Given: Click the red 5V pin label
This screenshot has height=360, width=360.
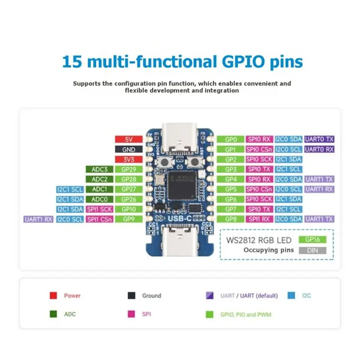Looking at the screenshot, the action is pyautogui.click(x=129, y=139).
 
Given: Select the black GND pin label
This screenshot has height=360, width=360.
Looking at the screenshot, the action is pyautogui.click(x=129, y=149).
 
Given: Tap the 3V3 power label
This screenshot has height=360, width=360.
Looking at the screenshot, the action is pyautogui.click(x=129, y=159).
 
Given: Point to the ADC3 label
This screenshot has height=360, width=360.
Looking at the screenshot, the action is pyautogui.click(x=99, y=170).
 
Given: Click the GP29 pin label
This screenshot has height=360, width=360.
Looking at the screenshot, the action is pyautogui.click(x=129, y=170).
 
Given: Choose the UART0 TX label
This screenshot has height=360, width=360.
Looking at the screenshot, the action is pyautogui.click(x=319, y=139).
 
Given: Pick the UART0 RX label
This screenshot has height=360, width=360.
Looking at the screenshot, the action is pyautogui.click(x=319, y=149).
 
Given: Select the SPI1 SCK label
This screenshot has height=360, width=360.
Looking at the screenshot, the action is pyautogui.click(x=99, y=209).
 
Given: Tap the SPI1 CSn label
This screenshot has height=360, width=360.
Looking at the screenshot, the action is pyautogui.click(x=99, y=219).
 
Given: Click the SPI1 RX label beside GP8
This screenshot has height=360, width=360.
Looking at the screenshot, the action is pyautogui.click(x=259, y=219).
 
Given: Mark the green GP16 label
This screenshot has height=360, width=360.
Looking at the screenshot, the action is pyautogui.click(x=312, y=239).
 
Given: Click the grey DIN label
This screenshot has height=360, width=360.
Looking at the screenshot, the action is pyautogui.click(x=312, y=250).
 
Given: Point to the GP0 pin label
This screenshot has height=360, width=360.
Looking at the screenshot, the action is pyautogui.click(x=230, y=139).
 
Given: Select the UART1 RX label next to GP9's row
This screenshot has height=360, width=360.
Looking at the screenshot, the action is pyautogui.click(x=38, y=219).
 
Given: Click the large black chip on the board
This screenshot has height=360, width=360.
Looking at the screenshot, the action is pyautogui.click(x=182, y=185).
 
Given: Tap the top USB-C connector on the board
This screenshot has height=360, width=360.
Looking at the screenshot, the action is pyautogui.click(x=179, y=137).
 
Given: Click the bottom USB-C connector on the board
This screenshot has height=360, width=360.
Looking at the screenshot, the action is pyautogui.click(x=179, y=241).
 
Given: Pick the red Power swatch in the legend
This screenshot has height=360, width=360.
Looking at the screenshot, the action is pyautogui.click(x=53, y=296).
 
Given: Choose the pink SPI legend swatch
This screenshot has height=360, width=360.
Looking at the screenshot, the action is pyautogui.click(x=131, y=314).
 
